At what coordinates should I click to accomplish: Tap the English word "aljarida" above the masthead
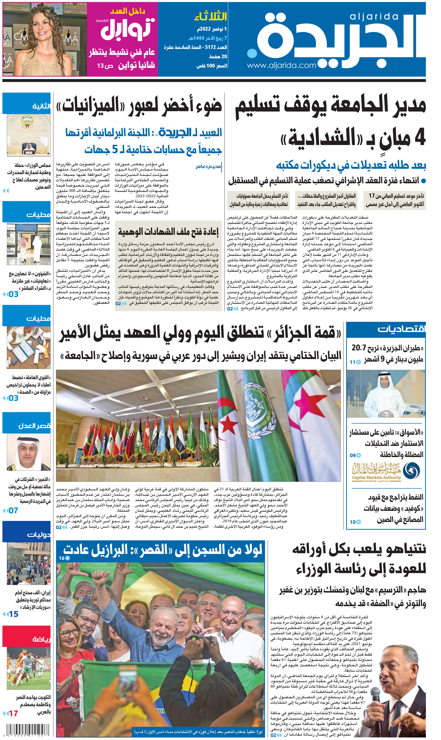click(x=374, y=17)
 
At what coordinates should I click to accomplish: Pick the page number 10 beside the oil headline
click(x=353, y=522)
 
